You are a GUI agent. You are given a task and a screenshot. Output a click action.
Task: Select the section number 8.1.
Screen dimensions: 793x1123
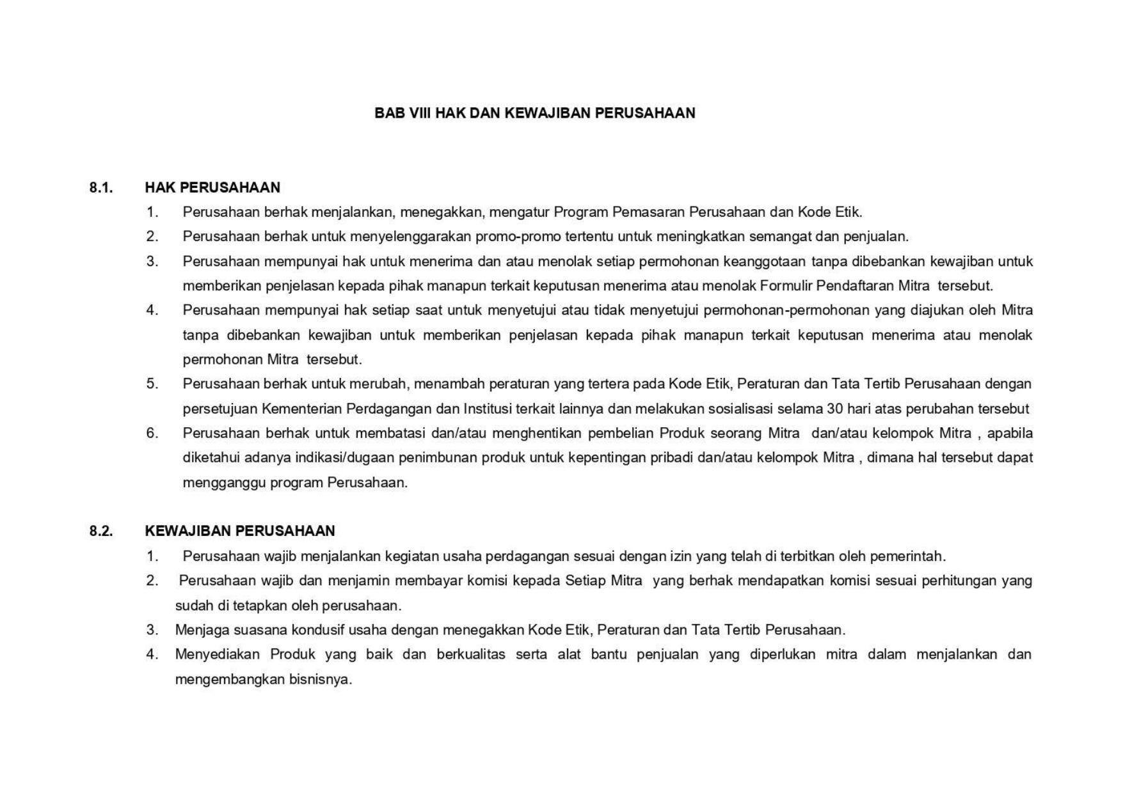[101, 187]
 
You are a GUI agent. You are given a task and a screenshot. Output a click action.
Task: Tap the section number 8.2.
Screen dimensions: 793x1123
[101, 531]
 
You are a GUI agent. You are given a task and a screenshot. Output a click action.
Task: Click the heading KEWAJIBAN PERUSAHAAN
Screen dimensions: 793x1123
[240, 531]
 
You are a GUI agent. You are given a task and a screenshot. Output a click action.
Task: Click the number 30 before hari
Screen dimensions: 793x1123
[835, 409]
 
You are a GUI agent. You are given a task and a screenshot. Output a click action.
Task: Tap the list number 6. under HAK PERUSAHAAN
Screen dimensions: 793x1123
[152, 433]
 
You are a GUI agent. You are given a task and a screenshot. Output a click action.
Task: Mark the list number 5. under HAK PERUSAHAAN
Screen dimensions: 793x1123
[152, 384]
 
